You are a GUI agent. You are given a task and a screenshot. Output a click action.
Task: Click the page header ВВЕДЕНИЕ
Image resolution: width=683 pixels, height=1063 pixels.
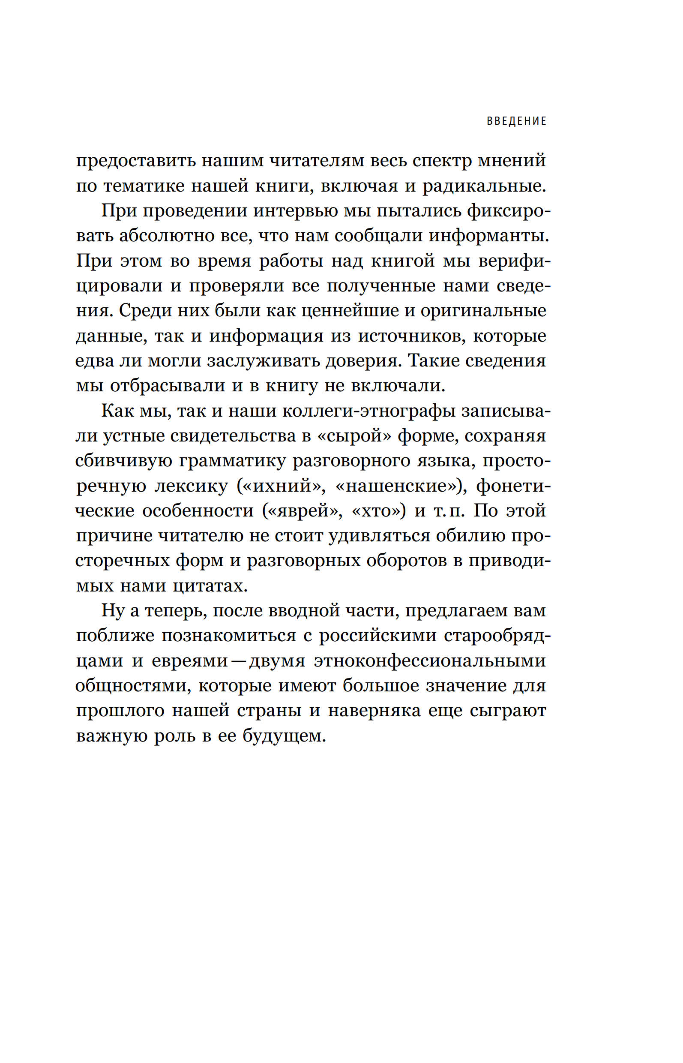(517, 121)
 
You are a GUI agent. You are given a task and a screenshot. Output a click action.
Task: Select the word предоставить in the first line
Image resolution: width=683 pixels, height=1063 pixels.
(136, 161)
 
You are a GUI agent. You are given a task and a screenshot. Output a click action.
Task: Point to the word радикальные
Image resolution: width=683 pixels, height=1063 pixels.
(483, 186)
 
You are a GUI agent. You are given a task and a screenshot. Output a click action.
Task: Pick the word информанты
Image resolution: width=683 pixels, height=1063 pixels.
(488, 236)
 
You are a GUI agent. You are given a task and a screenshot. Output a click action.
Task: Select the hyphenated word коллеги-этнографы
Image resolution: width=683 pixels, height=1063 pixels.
(368, 411)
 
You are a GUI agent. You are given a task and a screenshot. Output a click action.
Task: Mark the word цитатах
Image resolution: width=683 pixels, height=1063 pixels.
(210, 586)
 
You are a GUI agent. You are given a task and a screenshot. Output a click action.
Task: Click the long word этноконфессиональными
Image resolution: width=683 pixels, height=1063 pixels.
(430, 661)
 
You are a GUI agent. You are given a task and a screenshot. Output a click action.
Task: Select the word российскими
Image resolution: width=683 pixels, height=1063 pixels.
(377, 636)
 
